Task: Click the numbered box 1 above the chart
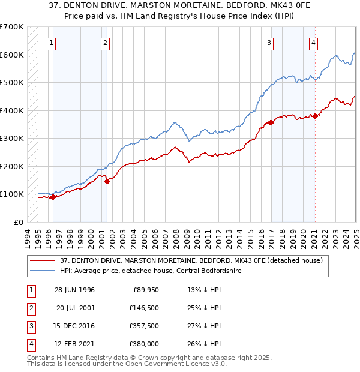tap(52, 43)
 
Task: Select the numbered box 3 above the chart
tap(269, 43)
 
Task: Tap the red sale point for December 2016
tap(271, 122)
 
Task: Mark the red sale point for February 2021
tap(315, 116)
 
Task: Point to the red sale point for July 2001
tap(107, 181)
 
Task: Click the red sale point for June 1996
tap(53, 196)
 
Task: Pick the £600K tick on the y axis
tap(11, 55)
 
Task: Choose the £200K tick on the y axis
tap(11, 166)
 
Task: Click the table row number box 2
tap(31, 308)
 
